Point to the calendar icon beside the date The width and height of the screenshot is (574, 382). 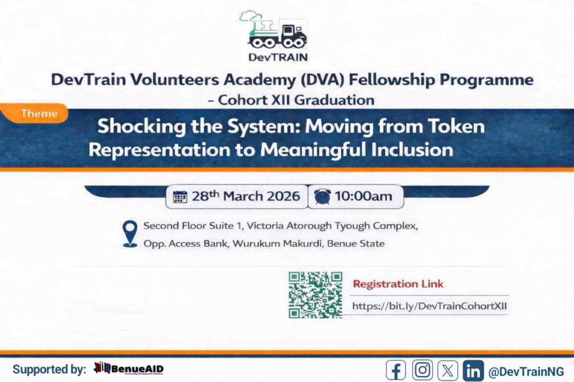(x=180, y=197)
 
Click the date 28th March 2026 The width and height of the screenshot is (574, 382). (x=246, y=196)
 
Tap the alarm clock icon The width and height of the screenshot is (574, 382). (x=322, y=196)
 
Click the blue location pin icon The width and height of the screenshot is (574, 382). (x=130, y=234)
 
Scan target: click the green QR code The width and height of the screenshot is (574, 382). (x=315, y=295)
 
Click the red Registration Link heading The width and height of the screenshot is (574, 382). (x=398, y=284)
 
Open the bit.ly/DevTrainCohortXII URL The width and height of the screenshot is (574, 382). (x=429, y=306)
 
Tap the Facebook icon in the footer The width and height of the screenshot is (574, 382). (x=396, y=370)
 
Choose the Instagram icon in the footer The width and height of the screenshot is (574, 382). (x=423, y=370)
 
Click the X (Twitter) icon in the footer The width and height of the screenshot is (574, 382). (x=448, y=370)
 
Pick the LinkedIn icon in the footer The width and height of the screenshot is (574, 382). (x=473, y=370)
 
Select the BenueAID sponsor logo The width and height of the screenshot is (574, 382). (x=129, y=369)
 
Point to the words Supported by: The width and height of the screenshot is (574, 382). (x=49, y=370)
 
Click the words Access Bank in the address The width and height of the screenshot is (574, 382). (x=193, y=244)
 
